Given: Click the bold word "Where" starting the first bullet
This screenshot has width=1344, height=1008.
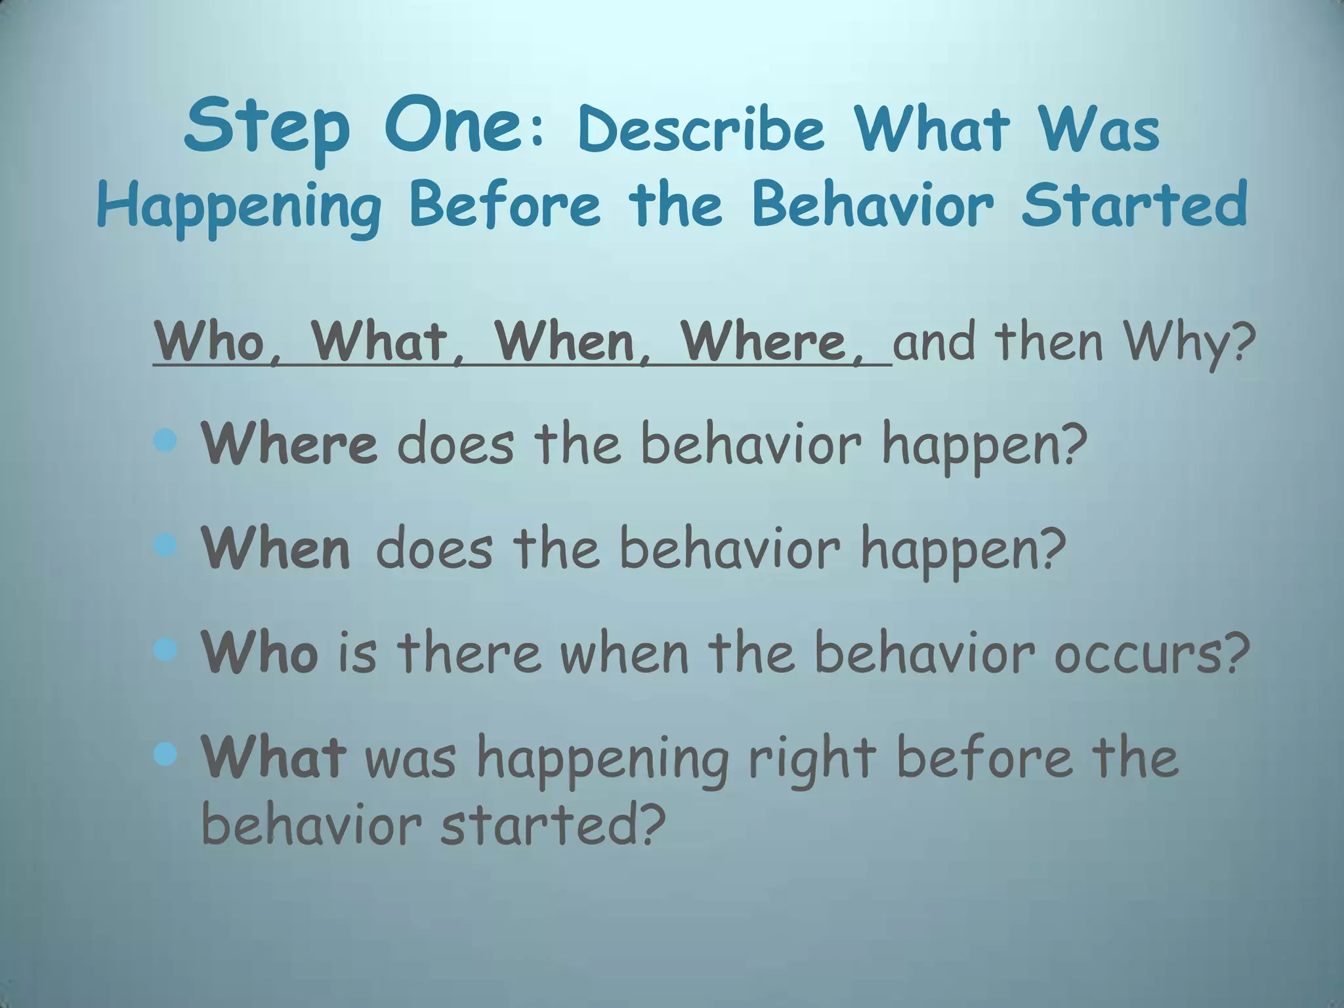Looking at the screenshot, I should (x=289, y=444).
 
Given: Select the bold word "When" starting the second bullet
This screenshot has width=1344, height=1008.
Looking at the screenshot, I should (x=276, y=549).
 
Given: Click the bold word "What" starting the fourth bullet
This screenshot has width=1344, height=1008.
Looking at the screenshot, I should (x=274, y=757).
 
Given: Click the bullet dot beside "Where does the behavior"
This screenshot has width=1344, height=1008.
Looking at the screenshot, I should (x=165, y=442).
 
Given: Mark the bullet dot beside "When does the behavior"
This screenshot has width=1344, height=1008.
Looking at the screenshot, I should (x=165, y=545).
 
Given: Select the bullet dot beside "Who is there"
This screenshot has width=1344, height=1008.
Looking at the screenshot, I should (x=165, y=650).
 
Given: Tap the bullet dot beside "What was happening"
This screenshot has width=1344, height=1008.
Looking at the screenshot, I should (x=165, y=755).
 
